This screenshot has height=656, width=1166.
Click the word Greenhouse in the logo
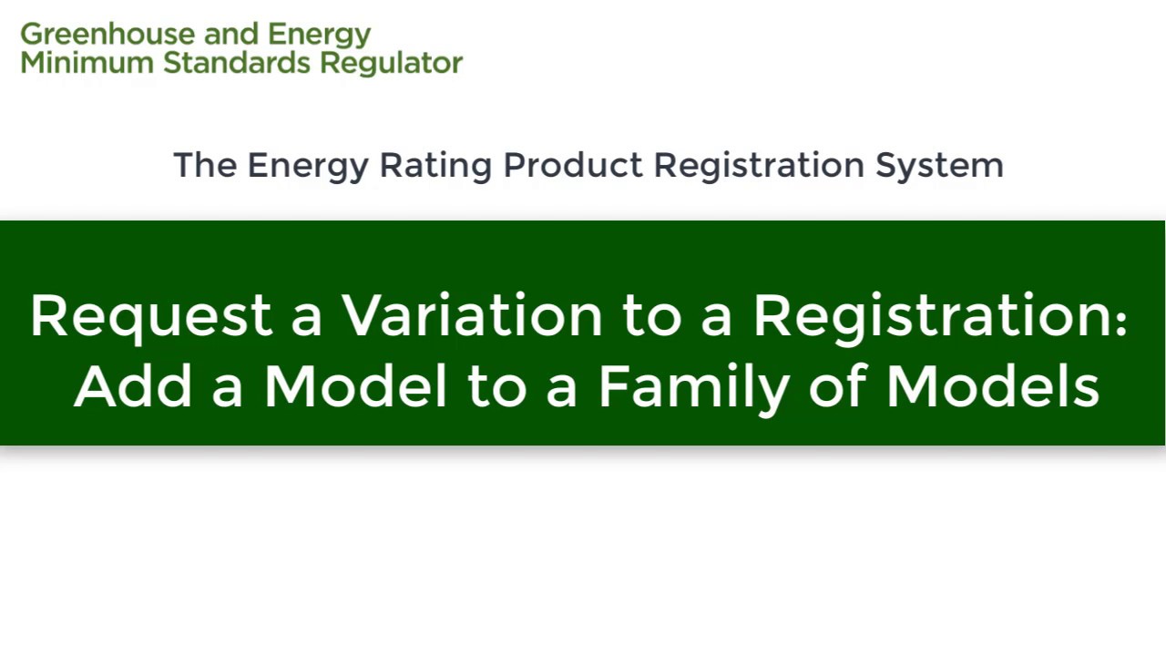(x=107, y=35)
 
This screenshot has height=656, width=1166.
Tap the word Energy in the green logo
(x=319, y=35)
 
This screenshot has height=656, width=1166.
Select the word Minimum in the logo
(x=87, y=63)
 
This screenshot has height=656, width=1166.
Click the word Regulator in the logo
(x=391, y=63)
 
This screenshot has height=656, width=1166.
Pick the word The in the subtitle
(x=205, y=165)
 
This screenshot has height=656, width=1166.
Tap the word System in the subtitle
(x=939, y=165)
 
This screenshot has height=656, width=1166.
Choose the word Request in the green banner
(x=151, y=316)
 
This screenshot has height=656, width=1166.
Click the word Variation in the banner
(x=472, y=315)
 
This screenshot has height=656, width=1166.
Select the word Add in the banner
(x=133, y=386)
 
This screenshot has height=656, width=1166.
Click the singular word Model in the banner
(x=356, y=386)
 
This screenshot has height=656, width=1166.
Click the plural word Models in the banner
(x=993, y=386)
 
